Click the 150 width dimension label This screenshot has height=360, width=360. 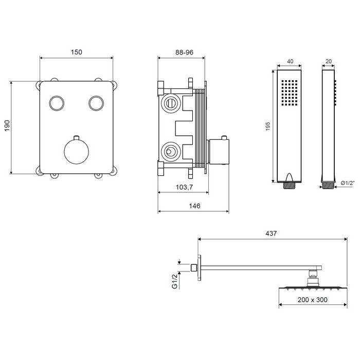click(x=77, y=52)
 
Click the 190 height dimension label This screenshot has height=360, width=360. click(x=7, y=125)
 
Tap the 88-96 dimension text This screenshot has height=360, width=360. click(x=184, y=52)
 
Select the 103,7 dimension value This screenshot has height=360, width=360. click(x=184, y=187)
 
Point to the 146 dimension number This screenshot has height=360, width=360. click(x=194, y=206)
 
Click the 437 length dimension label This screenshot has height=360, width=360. click(x=271, y=233)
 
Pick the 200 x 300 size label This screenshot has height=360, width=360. click(x=313, y=300)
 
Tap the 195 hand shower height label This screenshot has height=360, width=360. click(x=268, y=127)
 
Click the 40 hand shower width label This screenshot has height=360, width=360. click(x=290, y=61)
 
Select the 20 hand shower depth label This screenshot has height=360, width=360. click(x=329, y=61)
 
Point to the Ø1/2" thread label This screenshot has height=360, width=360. click(x=348, y=183)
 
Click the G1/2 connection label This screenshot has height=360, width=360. click(x=175, y=281)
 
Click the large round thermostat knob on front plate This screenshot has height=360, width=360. click(x=77, y=152)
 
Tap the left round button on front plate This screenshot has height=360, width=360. click(x=57, y=103)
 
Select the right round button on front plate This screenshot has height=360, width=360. click(x=96, y=103)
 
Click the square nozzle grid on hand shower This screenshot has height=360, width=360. click(x=289, y=93)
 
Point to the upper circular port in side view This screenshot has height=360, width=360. click(x=171, y=103)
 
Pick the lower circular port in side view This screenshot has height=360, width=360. click(x=171, y=152)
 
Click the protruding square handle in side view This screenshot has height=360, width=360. click(x=219, y=152)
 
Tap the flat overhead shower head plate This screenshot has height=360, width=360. click(x=313, y=288)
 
